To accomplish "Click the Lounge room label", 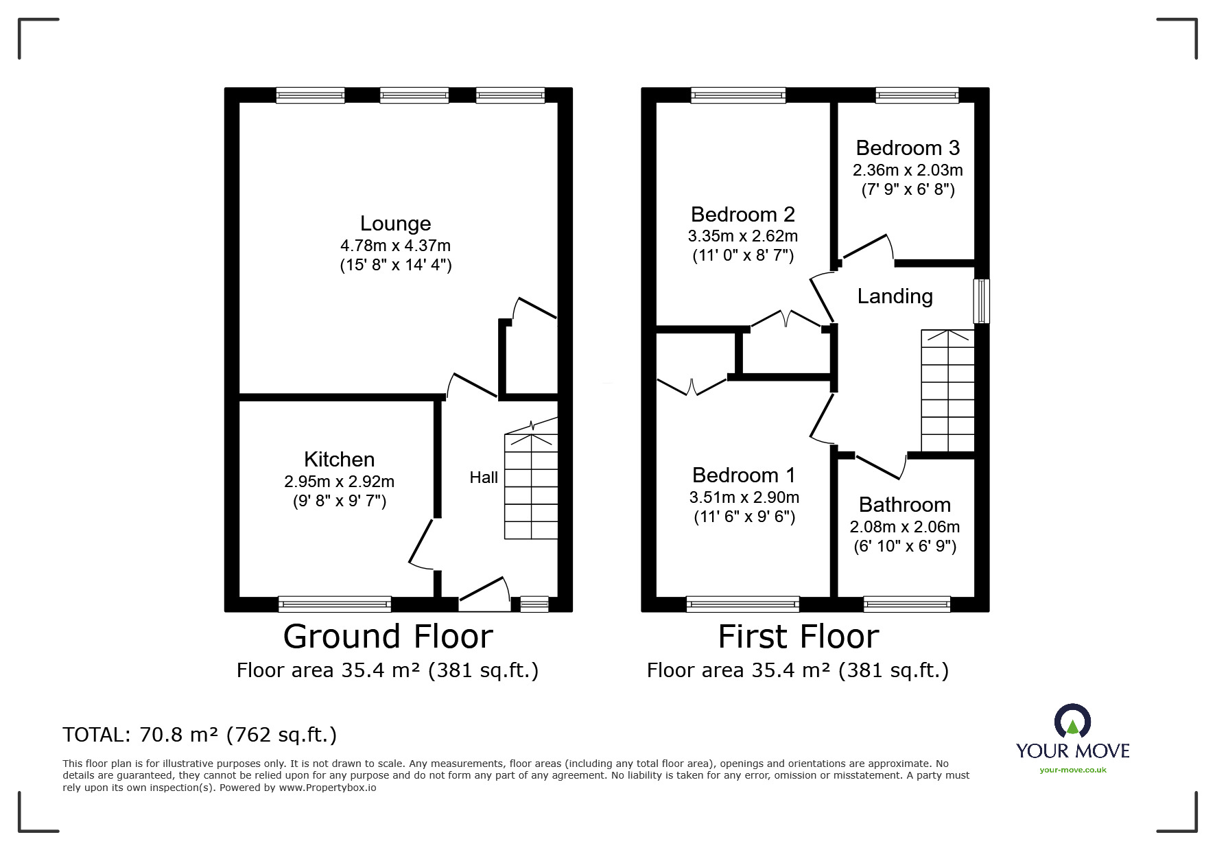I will point(395,224).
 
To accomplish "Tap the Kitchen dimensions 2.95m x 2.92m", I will point(339,482).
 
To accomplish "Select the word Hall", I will point(484,477).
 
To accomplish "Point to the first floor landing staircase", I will point(947,391).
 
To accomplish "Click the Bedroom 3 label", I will point(908,148).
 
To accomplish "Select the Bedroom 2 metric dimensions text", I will point(742,237).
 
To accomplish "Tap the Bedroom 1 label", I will point(744,475).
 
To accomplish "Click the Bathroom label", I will point(904,505).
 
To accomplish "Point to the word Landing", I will point(895,296).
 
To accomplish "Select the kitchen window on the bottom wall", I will point(335,604).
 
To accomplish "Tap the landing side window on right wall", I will point(982,300).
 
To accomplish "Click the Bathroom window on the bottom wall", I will point(907,604).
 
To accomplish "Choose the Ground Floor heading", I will point(388,637).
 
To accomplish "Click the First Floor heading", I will point(798,637).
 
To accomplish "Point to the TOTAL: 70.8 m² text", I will point(200,735).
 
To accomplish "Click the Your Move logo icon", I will point(1072,722).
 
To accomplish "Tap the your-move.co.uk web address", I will point(1072,770).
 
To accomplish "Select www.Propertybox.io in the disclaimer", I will point(327,788).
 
